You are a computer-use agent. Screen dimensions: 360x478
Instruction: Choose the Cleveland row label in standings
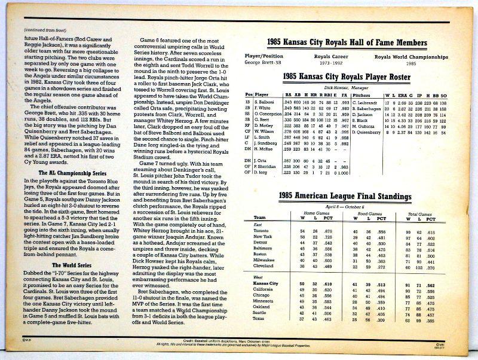point(263,266)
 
